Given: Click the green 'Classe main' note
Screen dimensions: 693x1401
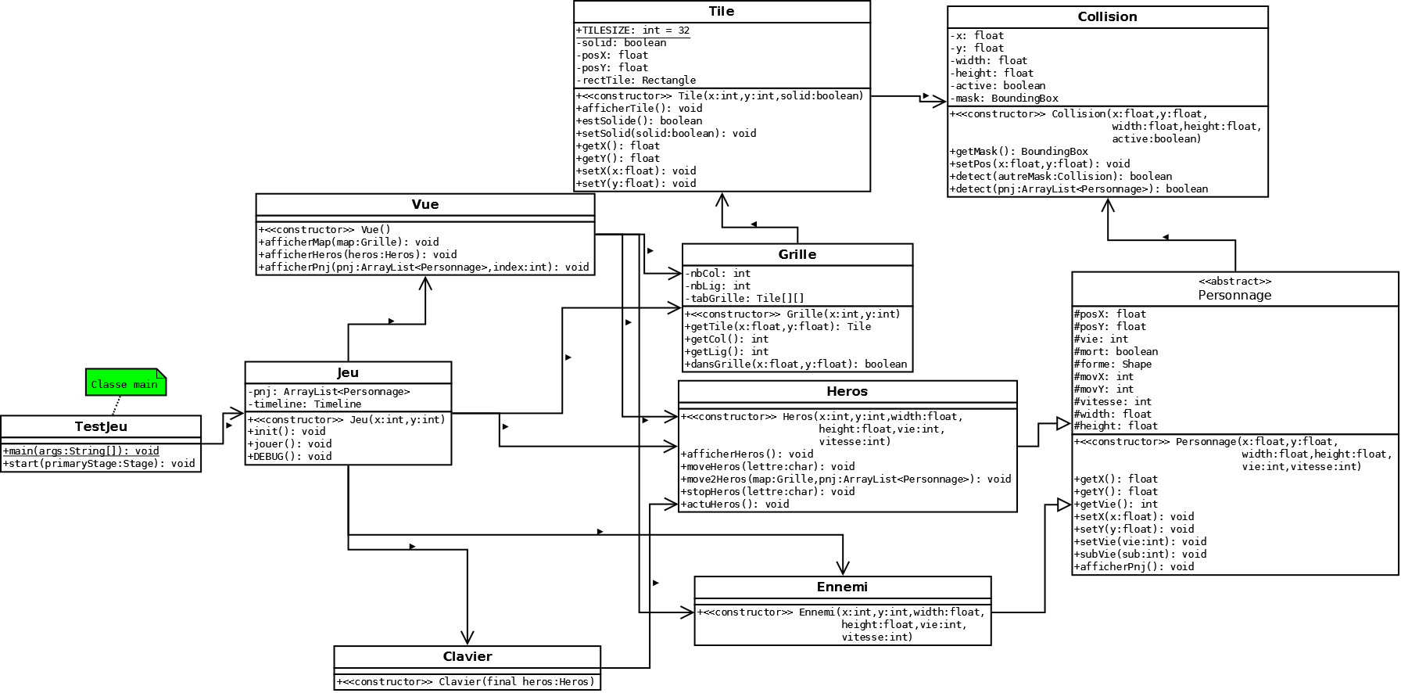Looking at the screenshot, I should [x=124, y=383].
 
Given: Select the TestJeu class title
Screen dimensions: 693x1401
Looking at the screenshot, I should [x=101, y=427].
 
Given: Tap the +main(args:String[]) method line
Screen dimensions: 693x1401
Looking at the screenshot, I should [x=81, y=451].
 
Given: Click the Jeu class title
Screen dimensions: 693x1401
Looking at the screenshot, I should [x=348, y=372].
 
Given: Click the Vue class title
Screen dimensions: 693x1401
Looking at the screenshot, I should [x=425, y=205].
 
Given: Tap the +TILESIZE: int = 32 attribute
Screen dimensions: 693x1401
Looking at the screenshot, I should [x=633, y=31].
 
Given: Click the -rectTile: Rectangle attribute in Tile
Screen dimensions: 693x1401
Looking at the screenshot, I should [x=636, y=81].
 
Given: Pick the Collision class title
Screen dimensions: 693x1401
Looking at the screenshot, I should [x=1107, y=17].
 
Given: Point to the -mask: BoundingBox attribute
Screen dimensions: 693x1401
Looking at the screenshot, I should [x=1005, y=99].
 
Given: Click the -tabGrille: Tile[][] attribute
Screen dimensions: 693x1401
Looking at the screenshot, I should [x=744, y=299].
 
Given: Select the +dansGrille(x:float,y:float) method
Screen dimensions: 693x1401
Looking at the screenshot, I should [x=796, y=364].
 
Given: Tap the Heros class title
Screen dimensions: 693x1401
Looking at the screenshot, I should [x=847, y=391].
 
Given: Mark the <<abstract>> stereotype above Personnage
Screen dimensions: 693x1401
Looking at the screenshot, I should [x=1234, y=282].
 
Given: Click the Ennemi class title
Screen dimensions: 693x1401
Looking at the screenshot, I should [x=842, y=587].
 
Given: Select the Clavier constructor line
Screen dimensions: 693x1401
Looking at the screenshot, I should [x=466, y=682].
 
